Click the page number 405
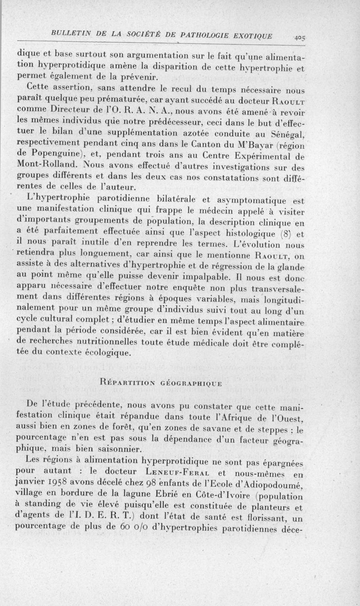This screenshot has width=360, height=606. coord(298,38)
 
